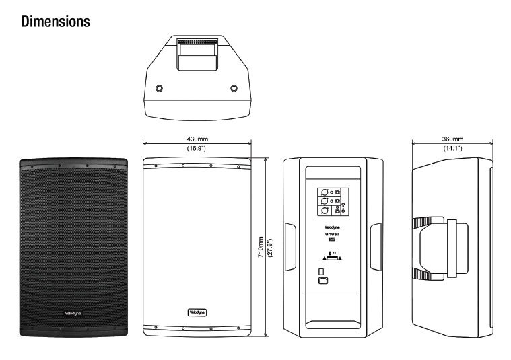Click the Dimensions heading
[x=55, y=22]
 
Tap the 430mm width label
[x=197, y=139]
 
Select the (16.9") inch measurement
[x=197, y=148]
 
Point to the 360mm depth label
[x=452, y=139]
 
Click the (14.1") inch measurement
[x=452, y=148]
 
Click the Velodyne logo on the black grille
[x=73, y=313]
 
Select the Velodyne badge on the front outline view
[x=197, y=312]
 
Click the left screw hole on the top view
[x=159, y=88]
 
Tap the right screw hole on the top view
[x=234, y=88]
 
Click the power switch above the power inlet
[x=321, y=272]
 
